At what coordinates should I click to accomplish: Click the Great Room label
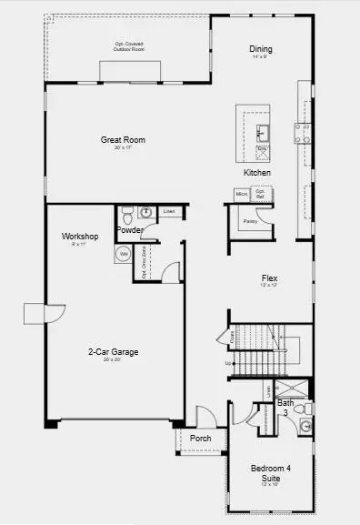[x=123, y=140]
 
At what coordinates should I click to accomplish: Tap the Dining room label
[x=262, y=49]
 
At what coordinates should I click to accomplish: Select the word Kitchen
[x=256, y=172]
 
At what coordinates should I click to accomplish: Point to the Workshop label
[x=80, y=237]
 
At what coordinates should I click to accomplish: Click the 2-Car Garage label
[x=113, y=351]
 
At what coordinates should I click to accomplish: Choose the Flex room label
[x=268, y=278]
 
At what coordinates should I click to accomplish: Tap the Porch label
[x=200, y=439]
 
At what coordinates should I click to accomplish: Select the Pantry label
[x=250, y=220]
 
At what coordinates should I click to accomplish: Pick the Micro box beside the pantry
[x=242, y=194]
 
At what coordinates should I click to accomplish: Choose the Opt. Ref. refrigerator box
[x=259, y=194]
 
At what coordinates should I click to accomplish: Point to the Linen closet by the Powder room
[x=169, y=212]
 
